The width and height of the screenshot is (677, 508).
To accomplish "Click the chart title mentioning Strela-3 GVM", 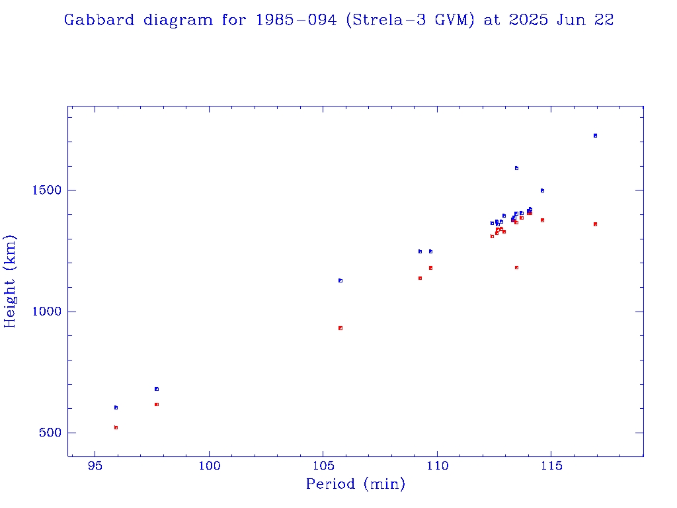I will [x=338, y=20].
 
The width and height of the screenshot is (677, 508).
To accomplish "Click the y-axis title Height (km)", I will [x=10, y=281].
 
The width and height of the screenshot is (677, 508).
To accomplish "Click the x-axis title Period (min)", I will [x=355, y=484].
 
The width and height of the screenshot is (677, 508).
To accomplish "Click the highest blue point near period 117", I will [x=595, y=136].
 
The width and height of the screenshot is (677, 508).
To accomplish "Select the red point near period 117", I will [x=595, y=224].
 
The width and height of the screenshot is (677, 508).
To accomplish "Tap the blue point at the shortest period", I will [x=116, y=407].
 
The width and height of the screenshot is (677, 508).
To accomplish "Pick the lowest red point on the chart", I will [x=116, y=427].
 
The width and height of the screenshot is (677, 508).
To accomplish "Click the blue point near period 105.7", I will [x=340, y=280].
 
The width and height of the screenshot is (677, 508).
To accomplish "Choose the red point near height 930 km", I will [x=340, y=328].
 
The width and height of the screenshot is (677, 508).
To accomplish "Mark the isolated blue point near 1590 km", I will [x=516, y=168].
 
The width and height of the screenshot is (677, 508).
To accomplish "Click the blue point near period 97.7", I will [x=157, y=389].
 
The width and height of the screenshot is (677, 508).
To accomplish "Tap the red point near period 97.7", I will [x=157, y=404].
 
